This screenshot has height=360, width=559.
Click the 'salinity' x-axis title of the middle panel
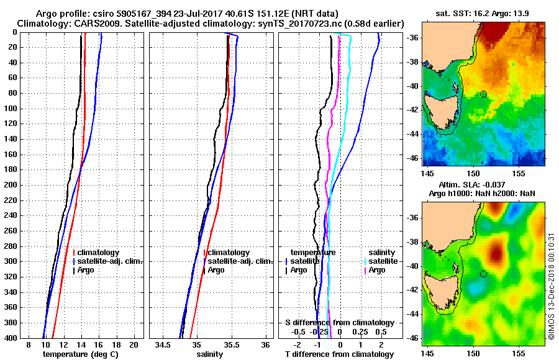tap(209, 354)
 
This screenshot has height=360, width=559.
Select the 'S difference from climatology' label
tap(340, 323)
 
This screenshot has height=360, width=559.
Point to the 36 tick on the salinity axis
tap(265, 344)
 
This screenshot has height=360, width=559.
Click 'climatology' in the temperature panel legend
tap(99, 253)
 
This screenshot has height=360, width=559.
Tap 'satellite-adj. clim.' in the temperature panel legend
tap(110, 261)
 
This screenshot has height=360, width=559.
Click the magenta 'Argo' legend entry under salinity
tap(377, 270)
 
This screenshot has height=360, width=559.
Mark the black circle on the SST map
tap(483, 94)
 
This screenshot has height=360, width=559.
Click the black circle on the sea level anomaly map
tap(483, 274)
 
